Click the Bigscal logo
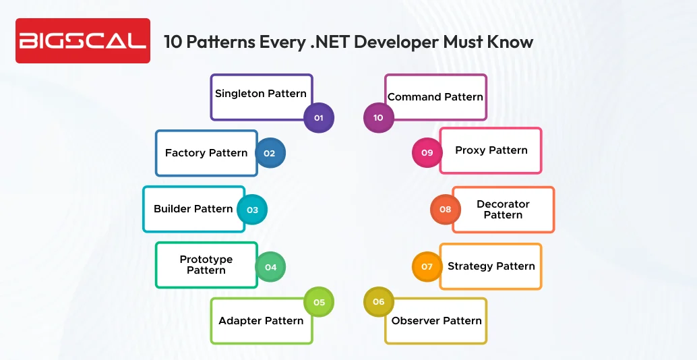tap(82, 40)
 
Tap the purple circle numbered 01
tap(319, 118)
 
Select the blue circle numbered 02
tap(270, 153)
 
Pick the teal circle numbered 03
tap(252, 210)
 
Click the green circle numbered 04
tap(270, 267)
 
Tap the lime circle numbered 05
tap(319, 302)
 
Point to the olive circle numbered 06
tap(378, 301)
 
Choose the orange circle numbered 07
tap(427, 266)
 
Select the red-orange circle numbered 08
tap(446, 210)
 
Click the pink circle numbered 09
tap(427, 153)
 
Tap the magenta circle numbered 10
tap(378, 118)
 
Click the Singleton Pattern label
tap(261, 94)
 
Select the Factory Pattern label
tap(206, 153)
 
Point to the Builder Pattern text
tap(193, 209)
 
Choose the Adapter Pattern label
tap(261, 320)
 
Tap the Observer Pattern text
tap(437, 320)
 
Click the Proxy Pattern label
tap(491, 150)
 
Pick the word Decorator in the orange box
tap(503, 204)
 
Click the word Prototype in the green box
tap(206, 260)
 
